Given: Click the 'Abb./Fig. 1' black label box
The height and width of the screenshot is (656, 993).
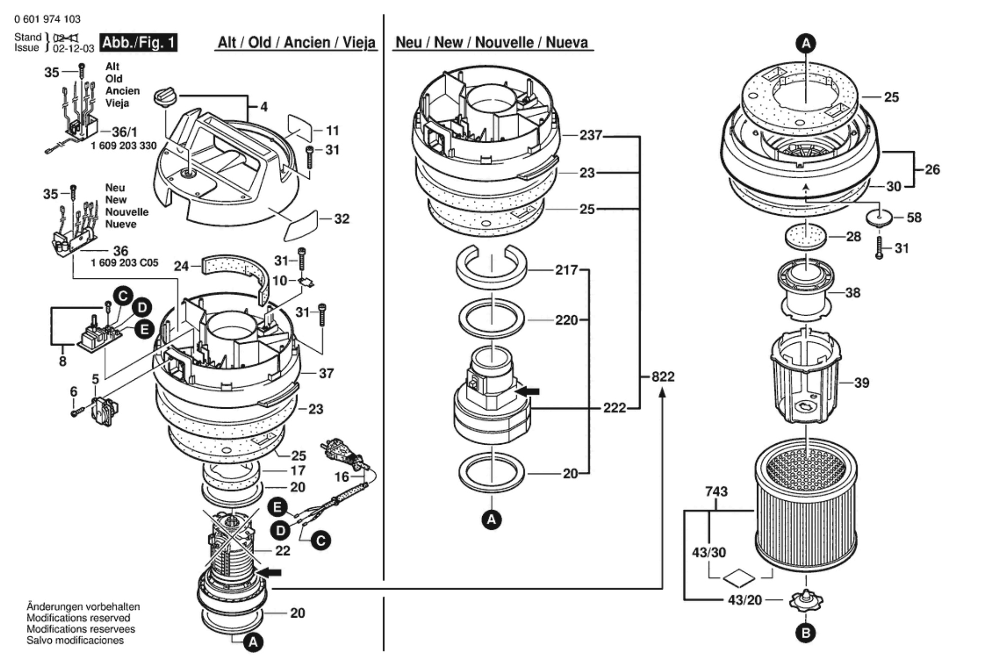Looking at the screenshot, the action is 138,43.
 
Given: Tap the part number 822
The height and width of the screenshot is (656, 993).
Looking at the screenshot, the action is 663,377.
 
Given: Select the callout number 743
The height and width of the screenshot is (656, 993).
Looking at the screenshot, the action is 716,492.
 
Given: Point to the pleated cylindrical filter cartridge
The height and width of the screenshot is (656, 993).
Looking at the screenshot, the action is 806,505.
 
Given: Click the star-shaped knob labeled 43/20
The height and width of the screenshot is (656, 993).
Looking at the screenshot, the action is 806,600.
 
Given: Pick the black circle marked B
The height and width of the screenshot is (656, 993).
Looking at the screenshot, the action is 806,633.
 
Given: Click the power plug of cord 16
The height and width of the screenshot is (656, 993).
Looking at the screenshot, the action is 339,453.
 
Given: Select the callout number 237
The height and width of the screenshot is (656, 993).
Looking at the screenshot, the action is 591,135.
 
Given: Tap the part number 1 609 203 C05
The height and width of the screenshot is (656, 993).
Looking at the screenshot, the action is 125,263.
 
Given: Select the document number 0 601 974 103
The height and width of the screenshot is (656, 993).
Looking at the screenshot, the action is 47,19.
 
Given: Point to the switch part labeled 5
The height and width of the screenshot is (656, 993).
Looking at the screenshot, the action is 104,411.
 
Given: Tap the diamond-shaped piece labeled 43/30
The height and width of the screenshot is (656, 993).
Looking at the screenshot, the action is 739,578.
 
